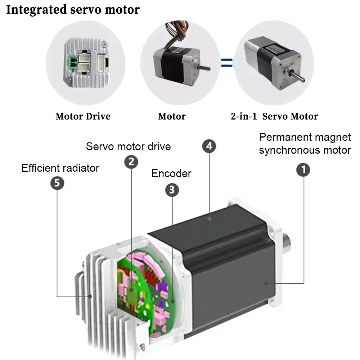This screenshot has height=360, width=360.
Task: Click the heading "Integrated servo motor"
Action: click(73, 9)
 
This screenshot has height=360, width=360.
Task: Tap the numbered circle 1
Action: click(303, 170)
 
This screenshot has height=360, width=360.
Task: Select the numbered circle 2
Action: click(131, 162)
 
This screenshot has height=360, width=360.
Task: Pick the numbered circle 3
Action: click(172, 190)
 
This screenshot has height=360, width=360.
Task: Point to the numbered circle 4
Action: click(209, 146)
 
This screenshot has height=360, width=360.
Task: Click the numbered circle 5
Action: click(57, 183)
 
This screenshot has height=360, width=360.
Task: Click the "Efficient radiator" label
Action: click(60, 168)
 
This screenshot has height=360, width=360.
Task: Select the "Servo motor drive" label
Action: click(128, 147)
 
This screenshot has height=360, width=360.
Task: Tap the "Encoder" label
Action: click(171, 174)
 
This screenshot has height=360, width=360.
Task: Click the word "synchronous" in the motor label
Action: click(291, 150)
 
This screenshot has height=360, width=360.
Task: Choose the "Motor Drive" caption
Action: click(83, 117)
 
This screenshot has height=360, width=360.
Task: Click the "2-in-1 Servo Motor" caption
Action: click(274, 117)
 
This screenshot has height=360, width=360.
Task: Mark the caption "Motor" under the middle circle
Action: click(172, 117)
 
